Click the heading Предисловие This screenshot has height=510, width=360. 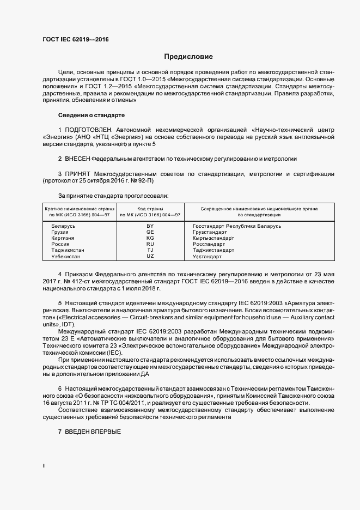(189, 57)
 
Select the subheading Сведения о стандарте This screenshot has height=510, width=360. (91, 116)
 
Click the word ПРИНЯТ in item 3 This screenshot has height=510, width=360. (78, 173)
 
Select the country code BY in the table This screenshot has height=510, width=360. (150, 226)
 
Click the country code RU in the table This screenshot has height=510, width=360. (150, 244)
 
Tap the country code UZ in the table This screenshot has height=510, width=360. (150, 256)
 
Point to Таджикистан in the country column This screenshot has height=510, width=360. (68, 250)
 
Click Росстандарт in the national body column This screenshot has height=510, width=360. (209, 244)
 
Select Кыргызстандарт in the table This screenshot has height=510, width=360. (213, 238)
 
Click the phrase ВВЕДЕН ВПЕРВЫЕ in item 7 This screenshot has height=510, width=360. (92, 432)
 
